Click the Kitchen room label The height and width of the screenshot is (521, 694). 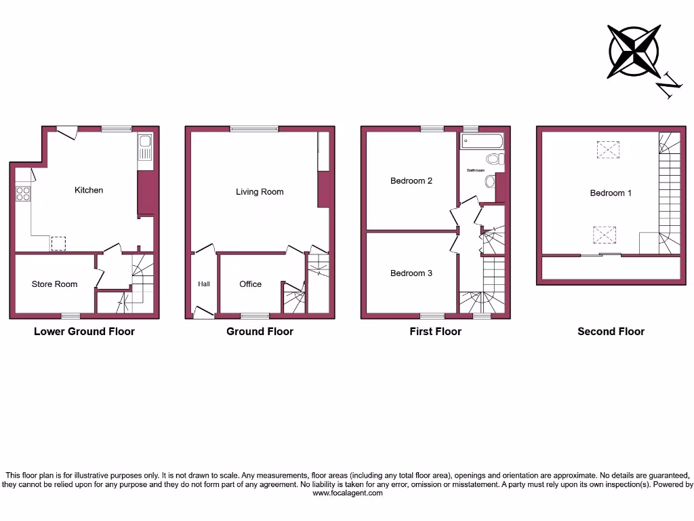tap(89, 190)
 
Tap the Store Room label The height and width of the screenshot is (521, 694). tap(54, 284)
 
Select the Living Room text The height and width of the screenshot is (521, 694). tap(260, 192)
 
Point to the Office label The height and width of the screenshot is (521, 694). tap(250, 284)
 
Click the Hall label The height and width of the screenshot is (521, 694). tap(204, 284)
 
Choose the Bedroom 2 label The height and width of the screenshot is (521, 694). tap(411, 181)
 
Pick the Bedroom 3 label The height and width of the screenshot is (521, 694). tap(411, 273)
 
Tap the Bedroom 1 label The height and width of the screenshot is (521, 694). tap(611, 193)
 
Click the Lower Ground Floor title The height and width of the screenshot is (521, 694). tap(84, 332)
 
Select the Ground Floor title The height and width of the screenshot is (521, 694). tap(260, 332)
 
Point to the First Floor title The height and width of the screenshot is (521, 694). tap(435, 332)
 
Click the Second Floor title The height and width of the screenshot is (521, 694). tap(611, 332)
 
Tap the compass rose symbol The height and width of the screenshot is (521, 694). tap(634, 51)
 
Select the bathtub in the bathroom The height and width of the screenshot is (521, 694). tap(482, 142)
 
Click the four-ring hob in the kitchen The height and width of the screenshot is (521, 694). tap(22, 193)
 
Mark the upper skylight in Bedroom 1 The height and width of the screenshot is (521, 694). tap(607, 149)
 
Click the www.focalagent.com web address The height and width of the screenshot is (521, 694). tap(347, 493)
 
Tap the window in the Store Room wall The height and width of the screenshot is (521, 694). tap(70, 316)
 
